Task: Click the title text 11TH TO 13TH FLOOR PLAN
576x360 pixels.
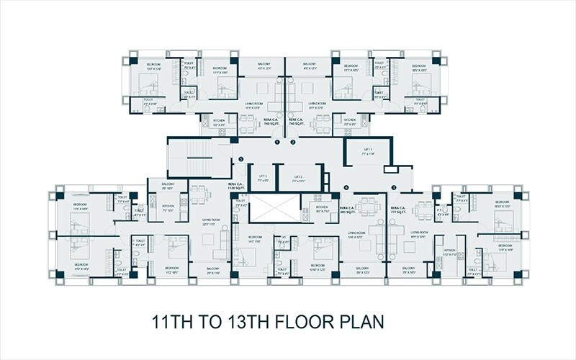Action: click(x=267, y=320)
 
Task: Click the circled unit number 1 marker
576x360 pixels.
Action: click(x=277, y=143)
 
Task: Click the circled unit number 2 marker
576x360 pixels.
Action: click(x=293, y=143)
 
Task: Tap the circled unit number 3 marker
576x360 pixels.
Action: click(x=394, y=188)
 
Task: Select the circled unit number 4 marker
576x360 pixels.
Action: click(x=346, y=188)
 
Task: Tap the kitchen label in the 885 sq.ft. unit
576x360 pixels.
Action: click(x=322, y=209)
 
